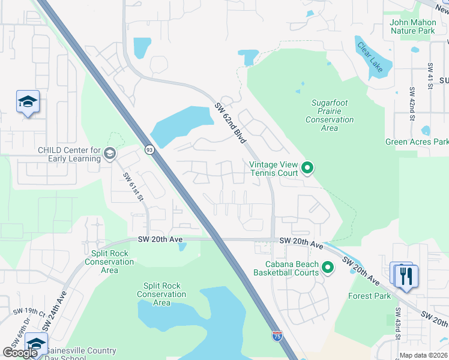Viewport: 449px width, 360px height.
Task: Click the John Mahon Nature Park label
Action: (413, 26)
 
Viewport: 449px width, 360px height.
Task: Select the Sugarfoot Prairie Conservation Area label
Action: (330, 115)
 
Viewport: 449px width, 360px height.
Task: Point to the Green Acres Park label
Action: (417, 142)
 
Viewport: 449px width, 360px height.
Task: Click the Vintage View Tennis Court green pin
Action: (307, 167)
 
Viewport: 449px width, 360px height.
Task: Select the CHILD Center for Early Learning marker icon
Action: (109, 154)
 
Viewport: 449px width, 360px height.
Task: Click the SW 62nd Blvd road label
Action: (231, 123)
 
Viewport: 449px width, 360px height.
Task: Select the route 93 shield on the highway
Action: (148, 149)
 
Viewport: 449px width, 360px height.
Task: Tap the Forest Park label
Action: (370, 296)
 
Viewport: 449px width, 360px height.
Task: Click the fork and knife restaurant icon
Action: (407, 275)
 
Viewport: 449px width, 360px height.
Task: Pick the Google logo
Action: (20, 353)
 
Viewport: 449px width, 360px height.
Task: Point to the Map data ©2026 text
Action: (423, 355)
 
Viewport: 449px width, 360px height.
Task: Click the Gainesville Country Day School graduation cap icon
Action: (36, 344)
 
